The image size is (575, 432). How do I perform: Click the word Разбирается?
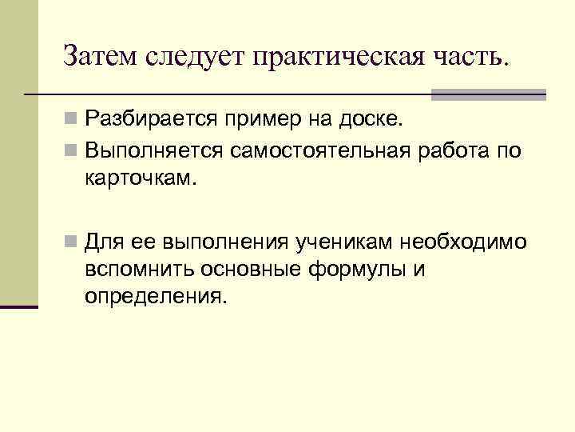click(158, 122)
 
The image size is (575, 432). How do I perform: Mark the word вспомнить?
click(134, 270)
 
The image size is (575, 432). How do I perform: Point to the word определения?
click(156, 297)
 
